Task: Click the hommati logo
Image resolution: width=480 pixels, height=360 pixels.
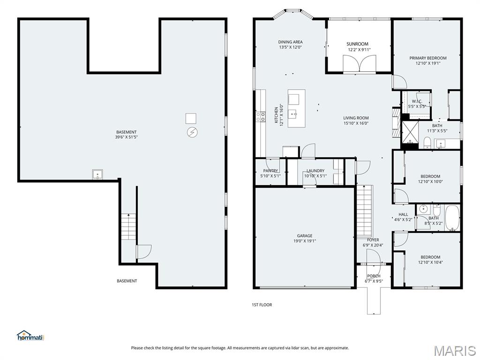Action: tap(30, 336)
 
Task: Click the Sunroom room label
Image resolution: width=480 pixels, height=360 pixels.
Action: tap(357, 44)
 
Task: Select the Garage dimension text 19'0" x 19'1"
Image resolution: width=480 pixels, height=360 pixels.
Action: tap(305, 241)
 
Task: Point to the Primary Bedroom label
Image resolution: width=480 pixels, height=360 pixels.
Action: tap(428, 58)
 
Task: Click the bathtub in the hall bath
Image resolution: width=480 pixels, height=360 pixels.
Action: tap(452, 217)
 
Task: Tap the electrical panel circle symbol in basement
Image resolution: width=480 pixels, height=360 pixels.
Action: tap(192, 132)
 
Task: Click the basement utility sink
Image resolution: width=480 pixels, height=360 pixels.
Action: tap(97, 174)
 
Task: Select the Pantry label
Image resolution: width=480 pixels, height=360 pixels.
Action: tap(270, 171)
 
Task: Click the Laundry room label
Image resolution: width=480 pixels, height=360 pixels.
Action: tap(315, 171)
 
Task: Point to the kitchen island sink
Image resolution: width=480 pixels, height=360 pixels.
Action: tap(294, 115)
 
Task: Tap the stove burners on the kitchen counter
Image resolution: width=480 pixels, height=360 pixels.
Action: tap(261, 117)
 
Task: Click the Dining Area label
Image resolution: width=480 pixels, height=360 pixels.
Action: tap(291, 42)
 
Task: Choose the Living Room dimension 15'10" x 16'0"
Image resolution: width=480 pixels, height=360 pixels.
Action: tap(356, 123)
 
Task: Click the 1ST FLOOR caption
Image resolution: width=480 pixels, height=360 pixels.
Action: tap(262, 305)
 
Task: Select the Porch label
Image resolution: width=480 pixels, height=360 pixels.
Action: tap(374, 276)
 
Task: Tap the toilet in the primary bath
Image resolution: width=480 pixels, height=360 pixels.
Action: tap(427, 142)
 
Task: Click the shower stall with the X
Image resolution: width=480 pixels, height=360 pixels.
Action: tap(410, 132)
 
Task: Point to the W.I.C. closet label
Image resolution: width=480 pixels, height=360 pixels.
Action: tap(417, 101)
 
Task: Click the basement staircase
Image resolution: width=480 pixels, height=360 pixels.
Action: tap(128, 226)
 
